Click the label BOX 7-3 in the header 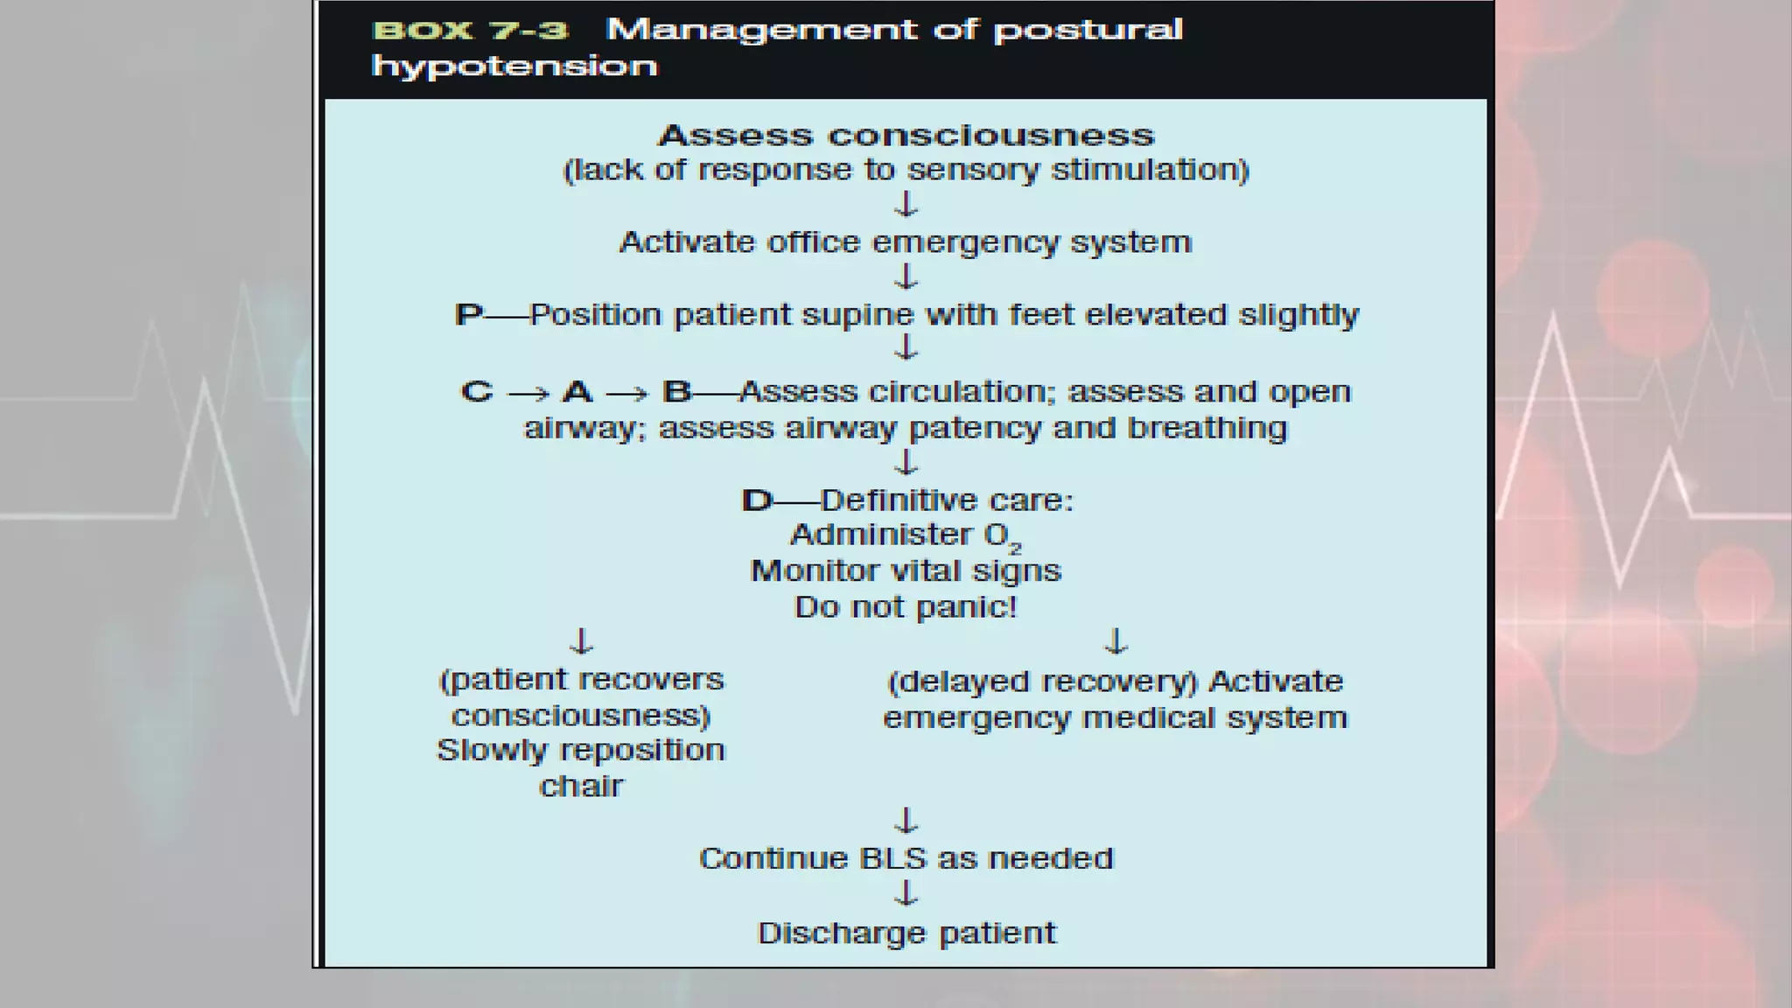point(470,31)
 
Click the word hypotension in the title point(514,66)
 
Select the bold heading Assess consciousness point(906,136)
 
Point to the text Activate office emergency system point(906,242)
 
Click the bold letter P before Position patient point(467,315)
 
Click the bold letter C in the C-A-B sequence point(477,392)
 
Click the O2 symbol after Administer point(1002,536)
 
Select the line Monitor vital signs point(906,571)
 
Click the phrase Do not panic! point(906,607)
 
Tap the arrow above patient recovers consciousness point(582,641)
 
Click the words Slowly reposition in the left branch point(581,751)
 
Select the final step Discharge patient point(906,934)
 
